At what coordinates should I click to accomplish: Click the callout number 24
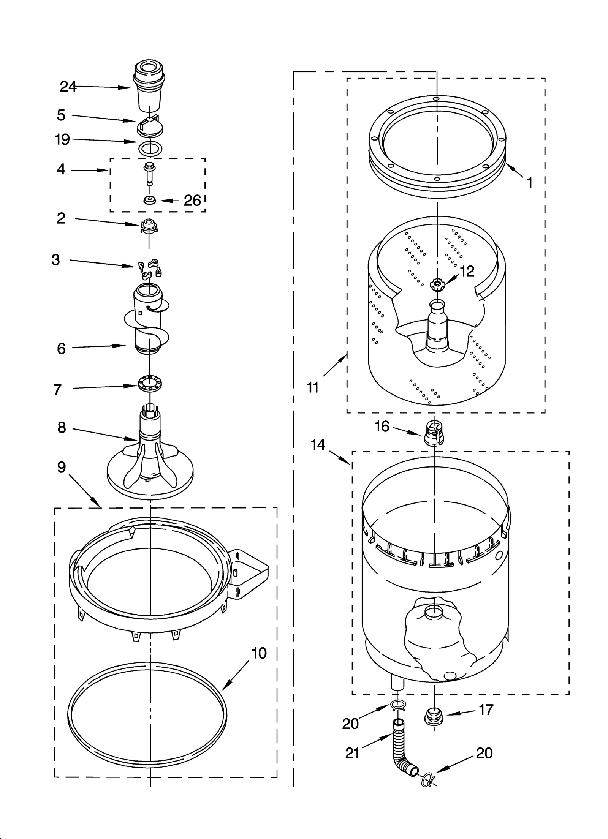[68, 87]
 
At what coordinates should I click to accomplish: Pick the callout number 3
[56, 260]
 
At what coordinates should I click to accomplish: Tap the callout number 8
[62, 428]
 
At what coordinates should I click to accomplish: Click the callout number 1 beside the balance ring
[529, 183]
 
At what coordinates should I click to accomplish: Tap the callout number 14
[318, 444]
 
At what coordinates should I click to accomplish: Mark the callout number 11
[312, 388]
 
